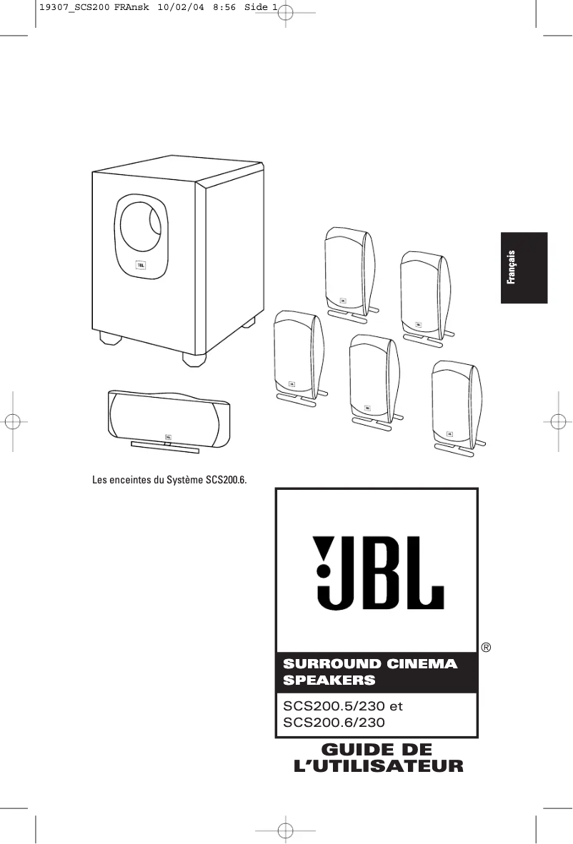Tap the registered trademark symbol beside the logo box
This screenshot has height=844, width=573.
point(486,648)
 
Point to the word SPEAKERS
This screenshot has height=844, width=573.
point(329,680)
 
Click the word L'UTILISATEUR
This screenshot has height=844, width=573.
point(379,767)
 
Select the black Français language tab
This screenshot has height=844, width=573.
point(524,268)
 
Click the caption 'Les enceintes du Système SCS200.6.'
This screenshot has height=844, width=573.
point(169,478)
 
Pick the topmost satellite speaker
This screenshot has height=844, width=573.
point(348,268)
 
